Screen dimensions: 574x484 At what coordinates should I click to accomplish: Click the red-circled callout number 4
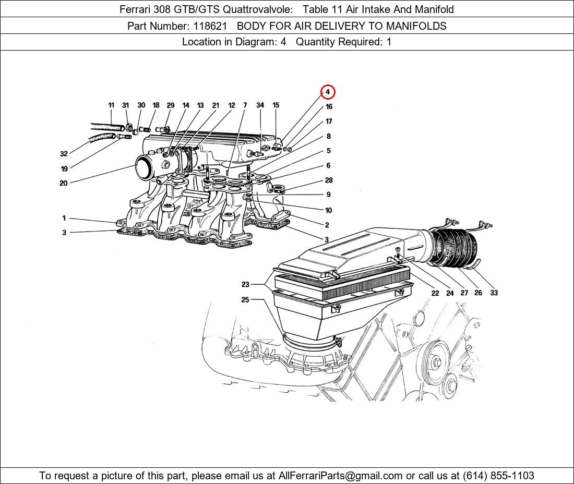[x=328, y=92]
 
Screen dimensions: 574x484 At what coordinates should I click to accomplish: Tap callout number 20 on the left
[x=64, y=183]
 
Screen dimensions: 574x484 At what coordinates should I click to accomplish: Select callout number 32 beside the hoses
[x=64, y=154]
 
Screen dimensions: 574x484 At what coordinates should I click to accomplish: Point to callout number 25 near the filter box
[x=245, y=299]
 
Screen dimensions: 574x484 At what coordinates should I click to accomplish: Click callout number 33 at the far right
[x=494, y=293]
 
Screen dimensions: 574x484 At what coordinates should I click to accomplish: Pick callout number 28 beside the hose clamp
[x=329, y=180]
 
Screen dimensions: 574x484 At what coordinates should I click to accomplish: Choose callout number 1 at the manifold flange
[x=64, y=219]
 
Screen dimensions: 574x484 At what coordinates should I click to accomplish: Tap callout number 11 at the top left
[x=111, y=105]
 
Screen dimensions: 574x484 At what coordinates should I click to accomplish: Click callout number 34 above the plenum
[x=260, y=105]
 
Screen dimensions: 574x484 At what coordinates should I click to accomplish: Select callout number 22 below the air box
[x=435, y=293]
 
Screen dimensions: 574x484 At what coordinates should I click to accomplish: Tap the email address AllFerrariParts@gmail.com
[x=340, y=476]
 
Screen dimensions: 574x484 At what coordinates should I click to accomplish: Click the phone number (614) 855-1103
[x=498, y=476]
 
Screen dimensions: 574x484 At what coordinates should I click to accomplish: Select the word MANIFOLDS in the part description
[x=416, y=26]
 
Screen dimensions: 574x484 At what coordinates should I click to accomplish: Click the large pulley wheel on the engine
[x=436, y=362]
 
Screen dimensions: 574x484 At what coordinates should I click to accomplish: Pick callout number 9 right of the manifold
[x=328, y=195]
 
